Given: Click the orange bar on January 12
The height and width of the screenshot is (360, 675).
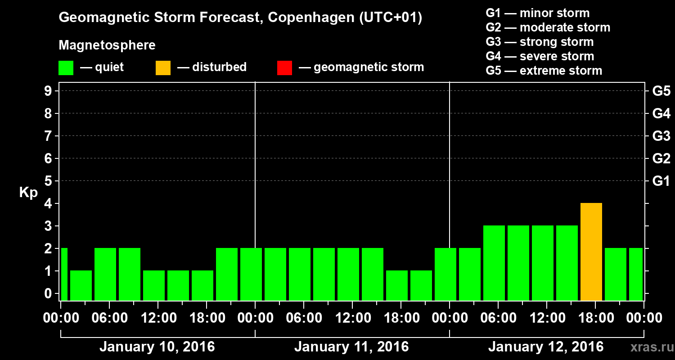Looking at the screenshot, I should (591, 252).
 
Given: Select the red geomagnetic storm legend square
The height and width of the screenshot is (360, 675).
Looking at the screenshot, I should (284, 67).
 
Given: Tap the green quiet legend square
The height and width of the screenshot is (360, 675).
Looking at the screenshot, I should (66, 67).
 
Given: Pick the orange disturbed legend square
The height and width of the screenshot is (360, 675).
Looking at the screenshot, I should (163, 67).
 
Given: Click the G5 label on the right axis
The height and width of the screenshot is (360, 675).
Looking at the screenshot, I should (661, 91).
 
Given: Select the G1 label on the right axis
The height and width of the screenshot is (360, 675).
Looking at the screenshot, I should (661, 181).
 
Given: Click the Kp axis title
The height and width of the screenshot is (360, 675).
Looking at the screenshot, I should (28, 193).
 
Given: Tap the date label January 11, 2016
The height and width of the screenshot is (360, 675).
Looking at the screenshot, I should (351, 347).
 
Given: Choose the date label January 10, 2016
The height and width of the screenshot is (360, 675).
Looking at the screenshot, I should (157, 347).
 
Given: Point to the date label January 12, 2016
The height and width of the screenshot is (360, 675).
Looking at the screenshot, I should (545, 347).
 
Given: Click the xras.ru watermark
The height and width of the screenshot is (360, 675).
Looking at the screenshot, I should (650, 347).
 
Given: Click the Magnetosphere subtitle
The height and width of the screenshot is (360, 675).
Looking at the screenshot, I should (107, 45).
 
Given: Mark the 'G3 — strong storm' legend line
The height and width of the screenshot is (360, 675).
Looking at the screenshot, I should (540, 42).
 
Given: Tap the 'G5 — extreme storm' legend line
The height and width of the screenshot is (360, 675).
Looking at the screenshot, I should (544, 71).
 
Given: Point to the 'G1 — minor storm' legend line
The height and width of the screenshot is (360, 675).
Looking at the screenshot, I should (537, 13).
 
